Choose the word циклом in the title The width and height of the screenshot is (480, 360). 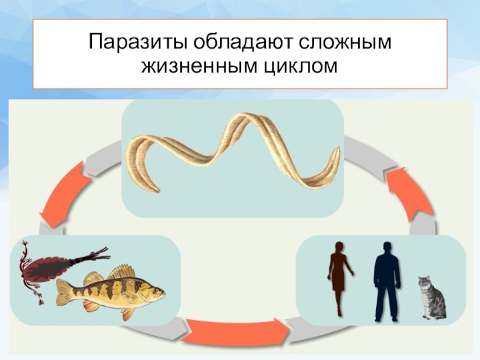298,67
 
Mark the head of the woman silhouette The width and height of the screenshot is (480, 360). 339,247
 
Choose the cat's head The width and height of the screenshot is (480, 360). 425,281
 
